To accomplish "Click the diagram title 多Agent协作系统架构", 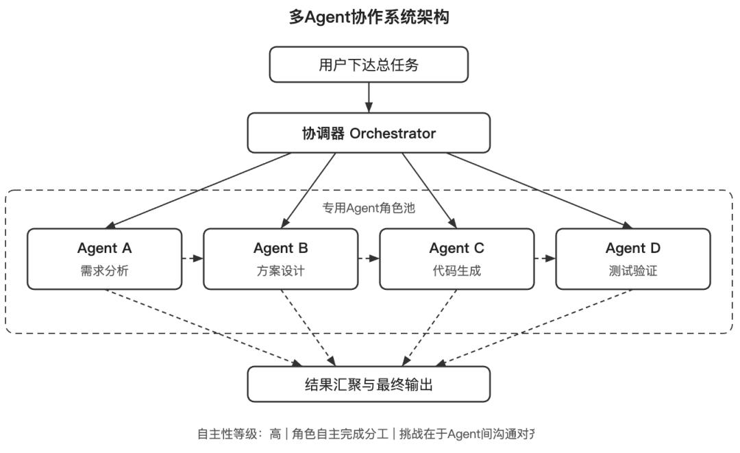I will (x=369, y=17).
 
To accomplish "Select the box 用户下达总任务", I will (x=369, y=65).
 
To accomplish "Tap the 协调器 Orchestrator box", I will (x=369, y=133).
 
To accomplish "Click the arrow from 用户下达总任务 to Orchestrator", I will (x=369, y=97).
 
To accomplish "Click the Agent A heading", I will (x=104, y=248).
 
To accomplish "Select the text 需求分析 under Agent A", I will (x=104, y=271).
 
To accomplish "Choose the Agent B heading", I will (x=280, y=248).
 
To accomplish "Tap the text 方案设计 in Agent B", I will (x=280, y=271).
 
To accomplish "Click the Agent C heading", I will (x=456, y=248).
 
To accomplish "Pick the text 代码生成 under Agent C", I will (x=456, y=271).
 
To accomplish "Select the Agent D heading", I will (x=632, y=248).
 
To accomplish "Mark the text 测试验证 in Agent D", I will (x=632, y=271).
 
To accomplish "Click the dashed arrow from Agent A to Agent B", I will (x=193, y=259).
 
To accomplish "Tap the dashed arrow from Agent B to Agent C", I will (x=369, y=259).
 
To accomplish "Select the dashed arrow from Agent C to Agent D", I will (x=545, y=259).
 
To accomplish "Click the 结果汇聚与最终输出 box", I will (x=369, y=384).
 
